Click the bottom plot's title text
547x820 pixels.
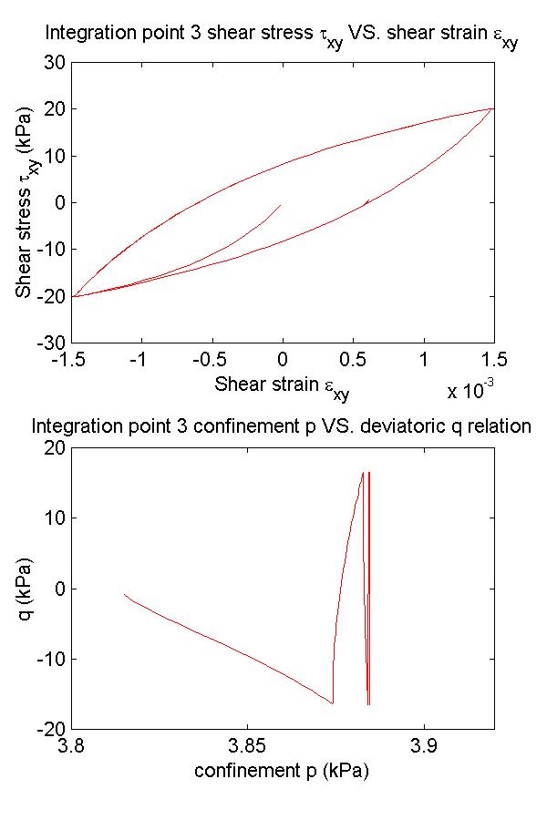[281, 426]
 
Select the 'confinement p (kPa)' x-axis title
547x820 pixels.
[282, 771]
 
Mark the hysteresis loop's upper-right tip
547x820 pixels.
[492, 108]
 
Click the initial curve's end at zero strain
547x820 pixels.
[280, 205]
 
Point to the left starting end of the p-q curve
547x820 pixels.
[125, 595]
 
